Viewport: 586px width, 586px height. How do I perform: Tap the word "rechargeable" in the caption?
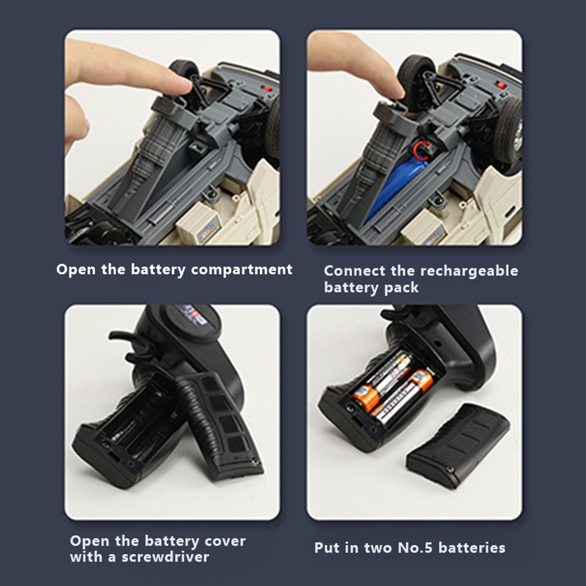point(469,271)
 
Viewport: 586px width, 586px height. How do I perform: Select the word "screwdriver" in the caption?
point(165,557)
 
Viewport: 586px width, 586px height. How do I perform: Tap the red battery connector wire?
point(420,150)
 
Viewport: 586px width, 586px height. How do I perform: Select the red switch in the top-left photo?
point(267,89)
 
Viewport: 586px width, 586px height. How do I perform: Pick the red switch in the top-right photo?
point(501,85)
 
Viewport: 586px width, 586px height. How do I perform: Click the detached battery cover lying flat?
point(458,445)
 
